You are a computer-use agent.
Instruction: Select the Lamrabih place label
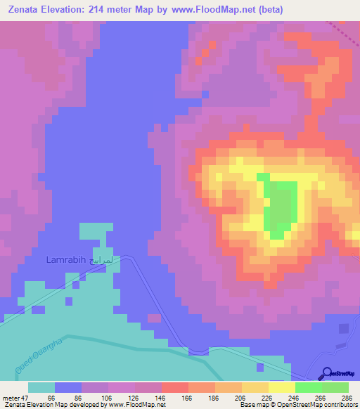coord(65,260)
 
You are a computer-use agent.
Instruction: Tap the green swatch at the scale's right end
coord(335,387)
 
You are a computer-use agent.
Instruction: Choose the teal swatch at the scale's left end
coord(41,387)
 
